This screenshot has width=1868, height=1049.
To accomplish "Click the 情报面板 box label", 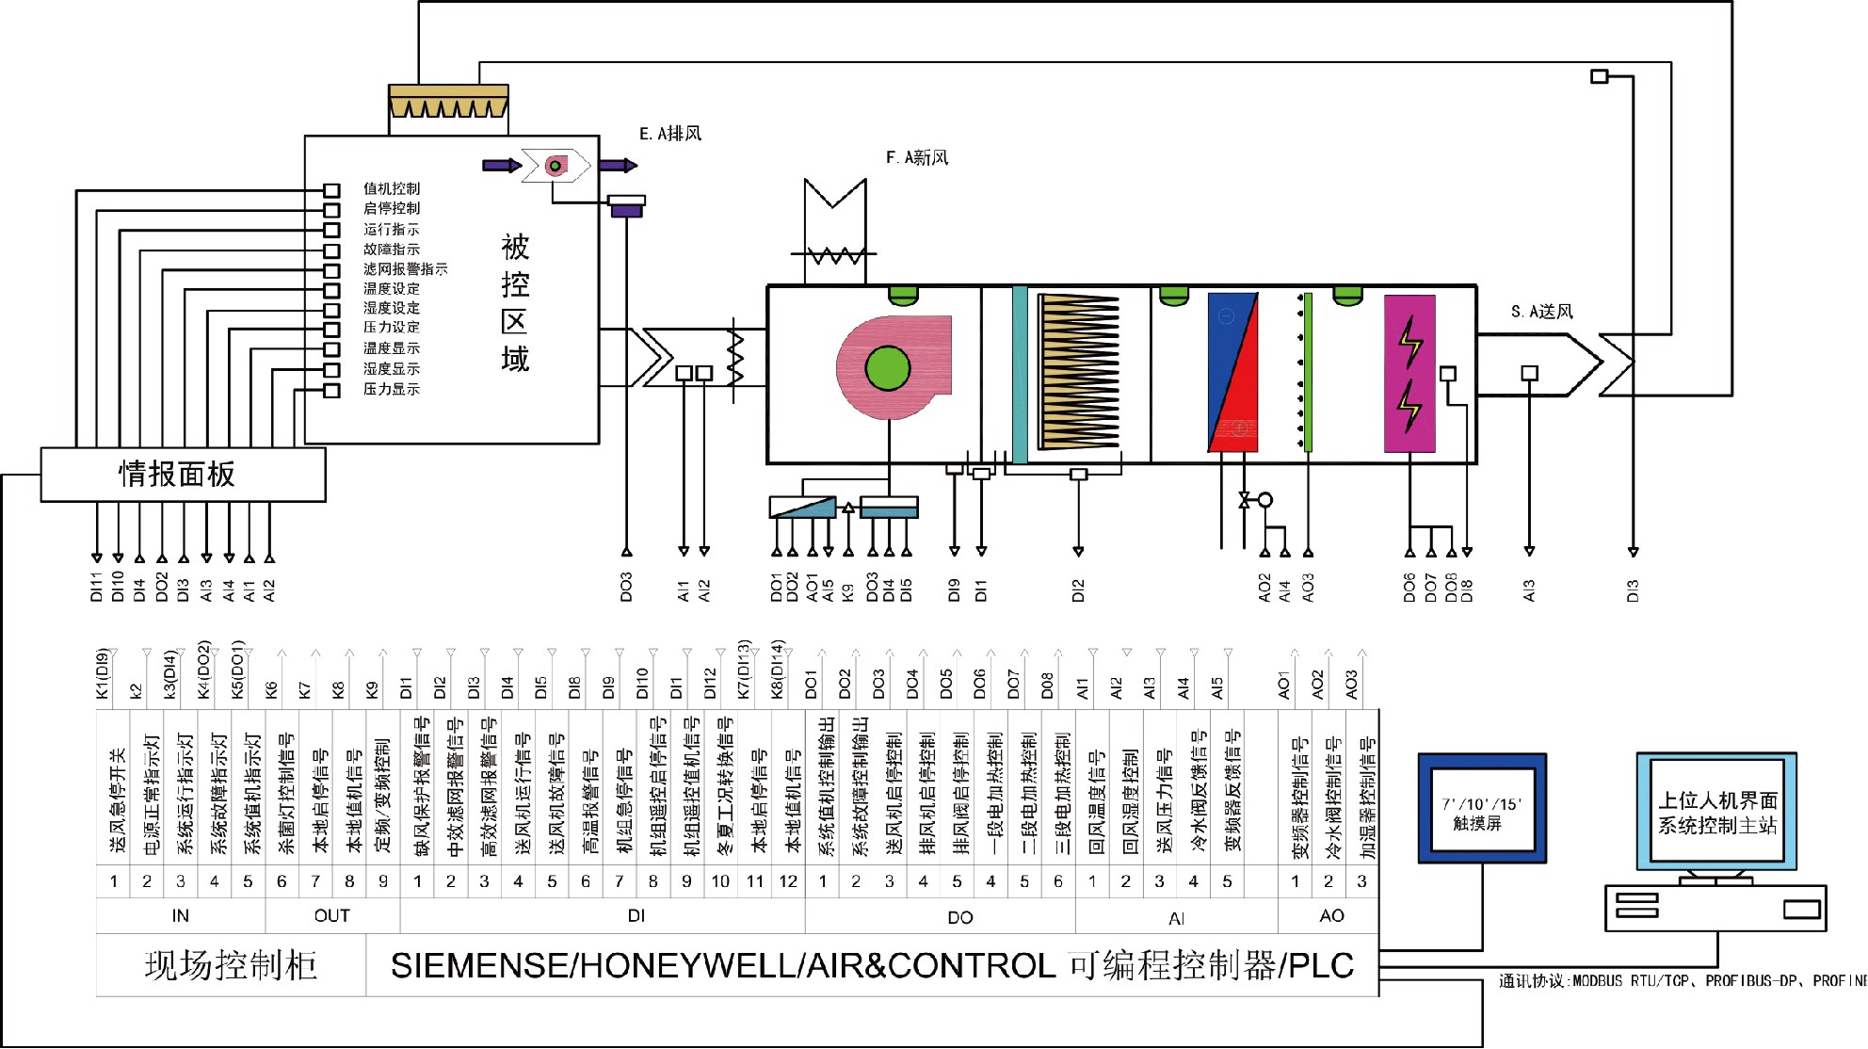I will click(x=176, y=474).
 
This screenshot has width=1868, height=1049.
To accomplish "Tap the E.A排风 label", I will click(x=670, y=134).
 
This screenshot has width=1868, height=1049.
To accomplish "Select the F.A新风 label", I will click(x=917, y=157).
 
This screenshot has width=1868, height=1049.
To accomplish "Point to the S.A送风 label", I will click(x=1542, y=311).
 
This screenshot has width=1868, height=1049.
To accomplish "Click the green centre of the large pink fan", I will click(x=887, y=368).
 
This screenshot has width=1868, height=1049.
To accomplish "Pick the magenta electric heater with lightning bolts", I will click(x=1409, y=374).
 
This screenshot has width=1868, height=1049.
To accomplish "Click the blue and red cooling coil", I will click(x=1232, y=373).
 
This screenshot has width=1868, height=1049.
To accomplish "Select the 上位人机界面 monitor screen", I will click(x=1717, y=813).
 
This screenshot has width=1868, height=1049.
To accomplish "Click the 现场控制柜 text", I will click(x=231, y=966).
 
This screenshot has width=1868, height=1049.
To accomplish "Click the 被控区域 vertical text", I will click(x=515, y=303).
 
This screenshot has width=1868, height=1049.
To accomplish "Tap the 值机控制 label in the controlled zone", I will click(x=392, y=189).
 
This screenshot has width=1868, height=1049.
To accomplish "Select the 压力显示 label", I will click(x=392, y=389).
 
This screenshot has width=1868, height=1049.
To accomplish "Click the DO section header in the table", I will click(x=959, y=917).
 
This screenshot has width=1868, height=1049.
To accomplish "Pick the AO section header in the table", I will click(x=1331, y=915).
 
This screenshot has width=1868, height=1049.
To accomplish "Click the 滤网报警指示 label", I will click(x=406, y=269).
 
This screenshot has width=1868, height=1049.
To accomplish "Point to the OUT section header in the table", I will click(x=331, y=915).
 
